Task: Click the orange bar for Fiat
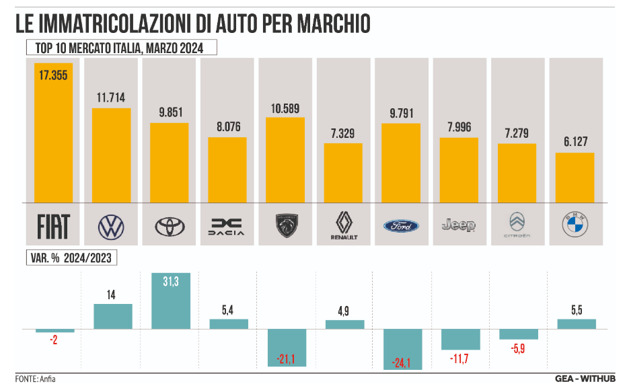(53, 132)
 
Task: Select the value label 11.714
(111, 98)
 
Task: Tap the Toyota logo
(169, 227)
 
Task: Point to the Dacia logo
(227, 227)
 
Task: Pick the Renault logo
(343, 226)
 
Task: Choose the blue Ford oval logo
(401, 226)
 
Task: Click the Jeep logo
(459, 225)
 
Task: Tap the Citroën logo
(517, 225)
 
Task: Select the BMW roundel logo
(575, 226)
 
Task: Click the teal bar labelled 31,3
(171, 301)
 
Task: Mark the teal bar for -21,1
(287, 347)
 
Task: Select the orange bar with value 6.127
(575, 178)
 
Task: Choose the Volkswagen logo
(112, 227)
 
